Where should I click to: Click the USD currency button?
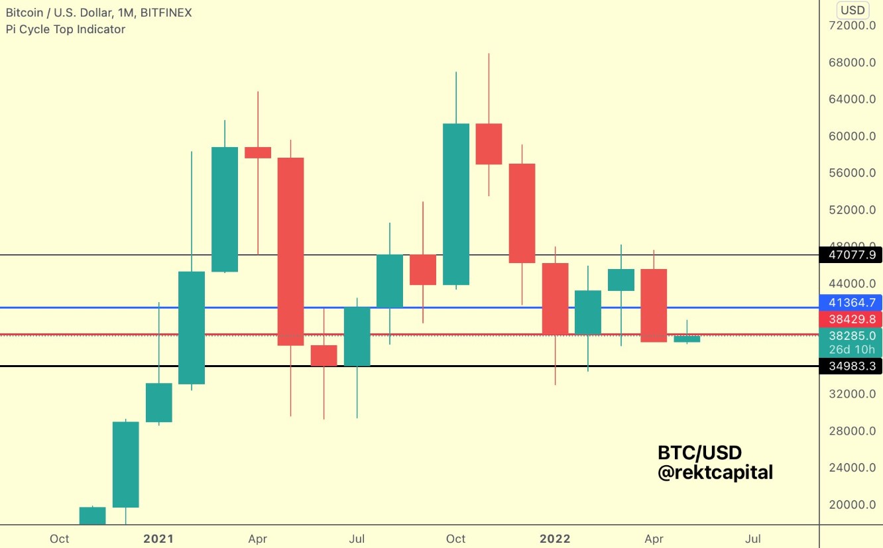853,10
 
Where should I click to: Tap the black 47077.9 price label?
851,254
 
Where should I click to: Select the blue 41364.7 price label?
851,302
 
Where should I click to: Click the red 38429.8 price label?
851,319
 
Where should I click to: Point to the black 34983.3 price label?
851,366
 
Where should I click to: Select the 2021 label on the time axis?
158,539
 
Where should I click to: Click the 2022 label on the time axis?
555,539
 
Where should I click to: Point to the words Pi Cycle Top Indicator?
65,29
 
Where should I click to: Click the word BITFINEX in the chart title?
166,13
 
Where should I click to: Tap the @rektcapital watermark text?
715,472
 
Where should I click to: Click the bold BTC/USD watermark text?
699,453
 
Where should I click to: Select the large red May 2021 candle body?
290,252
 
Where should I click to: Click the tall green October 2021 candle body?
455,204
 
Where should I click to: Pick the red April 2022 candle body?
654,305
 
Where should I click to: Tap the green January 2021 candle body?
158,402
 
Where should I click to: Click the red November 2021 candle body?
489,144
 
